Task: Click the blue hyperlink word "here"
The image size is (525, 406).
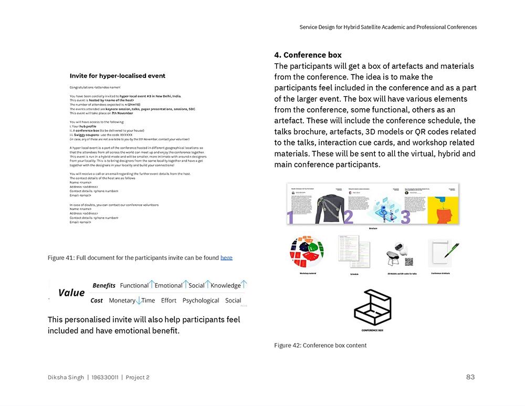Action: pyautogui.click(x=226, y=257)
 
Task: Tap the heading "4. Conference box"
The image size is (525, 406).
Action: pyautogui.click(x=308, y=55)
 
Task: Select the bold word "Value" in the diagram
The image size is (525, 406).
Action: pyautogui.click(x=71, y=293)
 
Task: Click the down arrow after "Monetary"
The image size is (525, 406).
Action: pyautogui.click(x=139, y=300)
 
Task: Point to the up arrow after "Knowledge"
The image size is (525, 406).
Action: pyautogui.click(x=244, y=285)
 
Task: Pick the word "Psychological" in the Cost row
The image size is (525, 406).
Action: pyautogui.click(x=201, y=300)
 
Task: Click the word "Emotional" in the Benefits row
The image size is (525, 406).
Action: pyautogui.click(x=169, y=285)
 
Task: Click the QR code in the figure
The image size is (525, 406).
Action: pyautogui.click(x=408, y=262)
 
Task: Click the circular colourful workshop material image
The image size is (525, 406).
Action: pyautogui.click(x=307, y=252)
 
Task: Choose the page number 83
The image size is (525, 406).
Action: pyautogui.click(x=470, y=377)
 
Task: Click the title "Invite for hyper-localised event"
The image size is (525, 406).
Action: pyautogui.click(x=118, y=76)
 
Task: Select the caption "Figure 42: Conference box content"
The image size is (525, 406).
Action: pyautogui.click(x=320, y=345)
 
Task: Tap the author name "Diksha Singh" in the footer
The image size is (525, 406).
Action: pyautogui.click(x=66, y=377)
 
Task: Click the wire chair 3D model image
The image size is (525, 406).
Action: pyautogui.click(x=395, y=256)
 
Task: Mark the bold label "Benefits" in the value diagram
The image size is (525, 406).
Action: pyautogui.click(x=104, y=285)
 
